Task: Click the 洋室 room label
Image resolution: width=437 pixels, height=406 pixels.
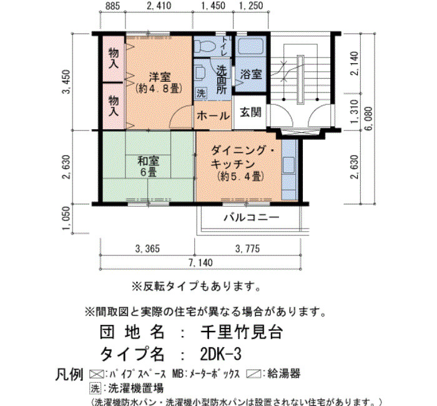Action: pos(160,77)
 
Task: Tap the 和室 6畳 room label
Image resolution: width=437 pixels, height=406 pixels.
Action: pos(149,167)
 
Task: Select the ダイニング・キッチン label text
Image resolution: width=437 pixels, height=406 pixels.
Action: pos(242,157)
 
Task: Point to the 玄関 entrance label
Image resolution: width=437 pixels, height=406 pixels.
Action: pos(250,112)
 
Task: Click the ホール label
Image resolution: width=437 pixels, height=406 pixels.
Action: pos(214,116)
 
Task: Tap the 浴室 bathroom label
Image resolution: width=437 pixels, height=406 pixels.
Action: pos(251,74)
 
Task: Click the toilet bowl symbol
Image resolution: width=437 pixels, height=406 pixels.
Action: pos(204,46)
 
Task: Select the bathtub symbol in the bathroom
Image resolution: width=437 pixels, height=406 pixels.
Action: pos(251,46)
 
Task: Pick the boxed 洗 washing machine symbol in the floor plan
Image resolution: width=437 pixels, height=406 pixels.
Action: pos(201,93)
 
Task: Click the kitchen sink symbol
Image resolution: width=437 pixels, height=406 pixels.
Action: pos(288,166)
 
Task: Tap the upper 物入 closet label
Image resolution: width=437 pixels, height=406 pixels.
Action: pos(114,58)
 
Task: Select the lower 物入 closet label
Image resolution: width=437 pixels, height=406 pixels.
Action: pos(114,106)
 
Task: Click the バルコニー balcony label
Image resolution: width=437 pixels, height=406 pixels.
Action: pos(252,217)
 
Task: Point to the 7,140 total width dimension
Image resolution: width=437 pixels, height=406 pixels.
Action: pos(200,263)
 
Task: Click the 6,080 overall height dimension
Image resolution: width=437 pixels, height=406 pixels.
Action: pos(368,119)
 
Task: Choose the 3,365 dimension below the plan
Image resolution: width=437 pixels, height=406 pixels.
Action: pos(147,249)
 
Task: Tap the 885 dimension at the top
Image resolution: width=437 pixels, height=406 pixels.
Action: pos(112,6)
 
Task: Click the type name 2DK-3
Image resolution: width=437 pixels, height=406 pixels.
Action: pos(220,354)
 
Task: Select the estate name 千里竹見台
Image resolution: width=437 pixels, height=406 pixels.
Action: pos(242,332)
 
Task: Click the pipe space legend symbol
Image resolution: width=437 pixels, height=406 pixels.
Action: pos(96,374)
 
